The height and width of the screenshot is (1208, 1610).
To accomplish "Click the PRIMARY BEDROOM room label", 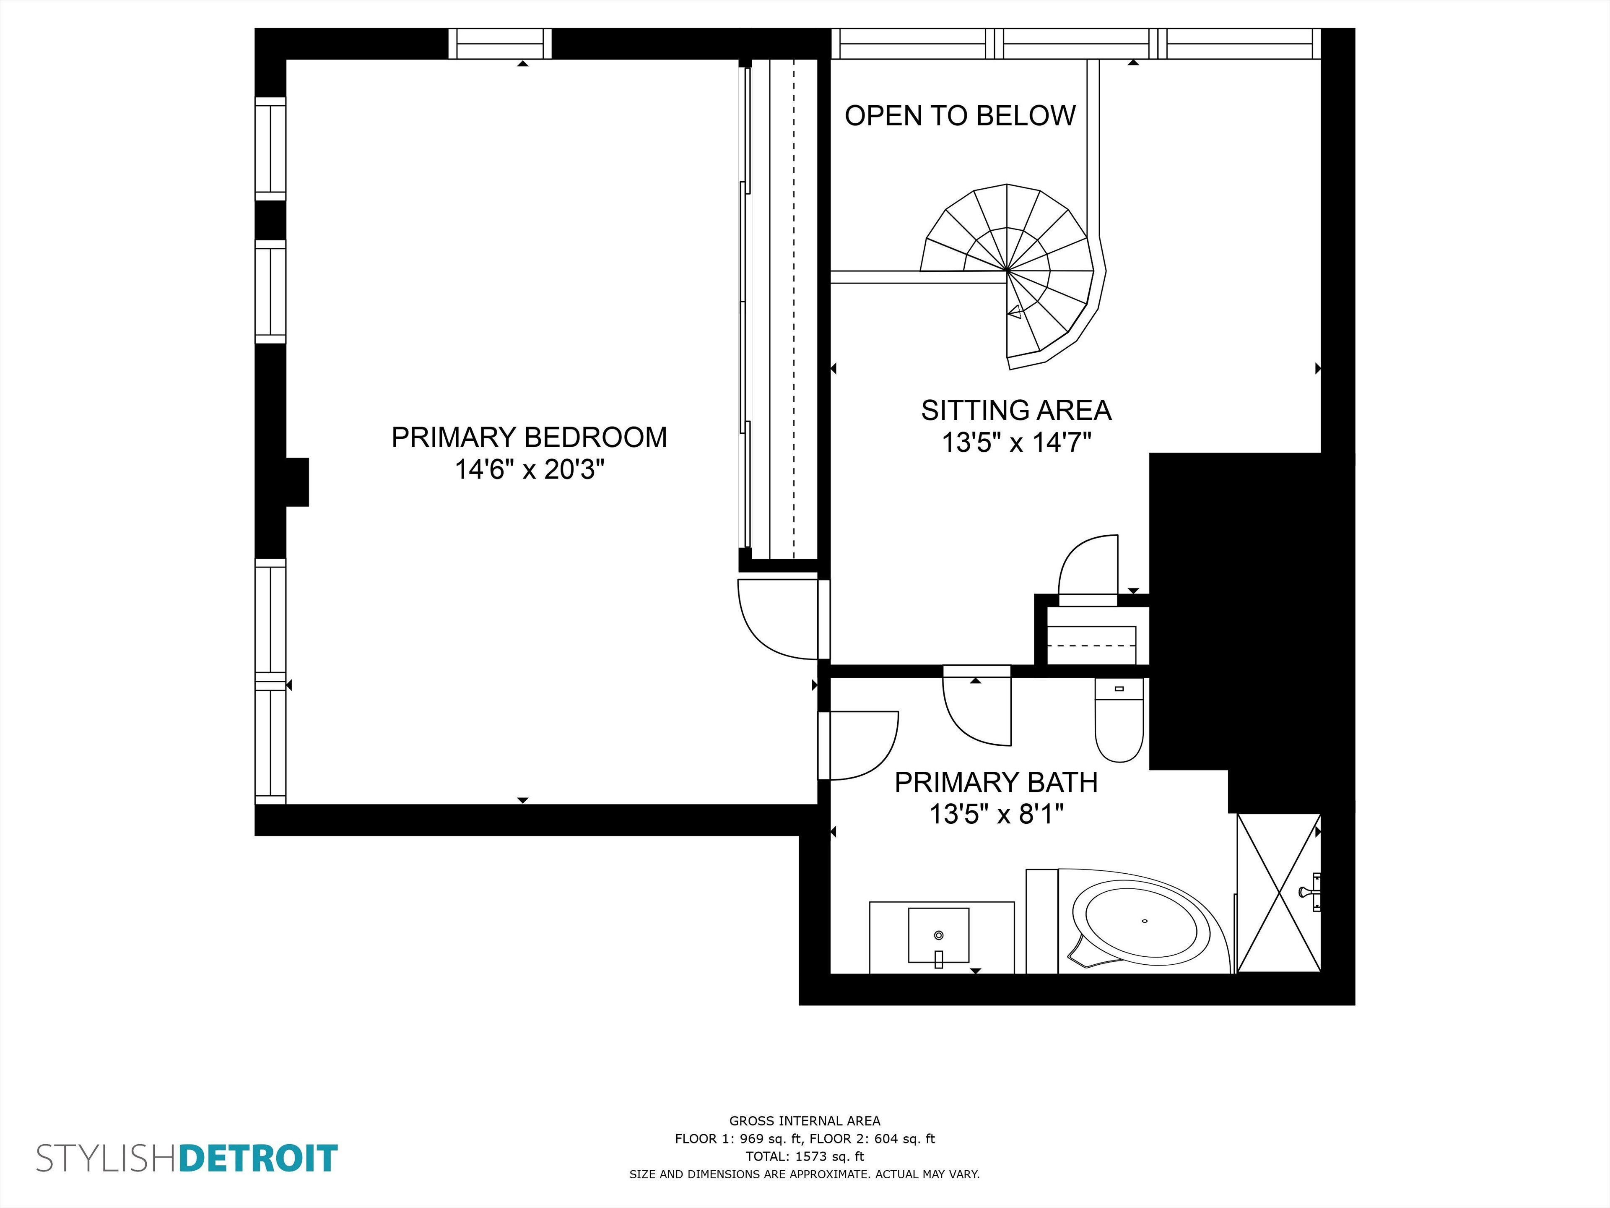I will (529, 437).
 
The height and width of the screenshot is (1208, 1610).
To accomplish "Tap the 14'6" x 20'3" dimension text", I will (529, 470).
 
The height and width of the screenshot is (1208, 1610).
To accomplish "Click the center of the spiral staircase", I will (1008, 271).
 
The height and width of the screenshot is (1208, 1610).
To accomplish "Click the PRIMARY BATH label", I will (996, 782).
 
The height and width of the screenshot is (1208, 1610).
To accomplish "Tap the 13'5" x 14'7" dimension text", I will (1016, 443).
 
